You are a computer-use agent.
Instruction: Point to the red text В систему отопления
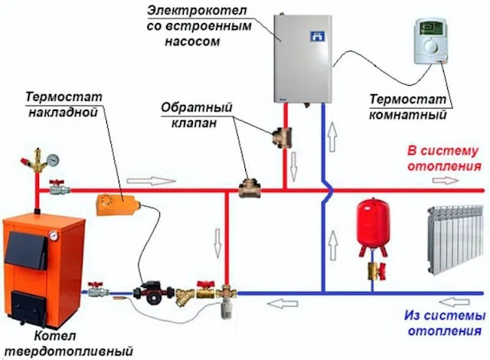click(x=444, y=158)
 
